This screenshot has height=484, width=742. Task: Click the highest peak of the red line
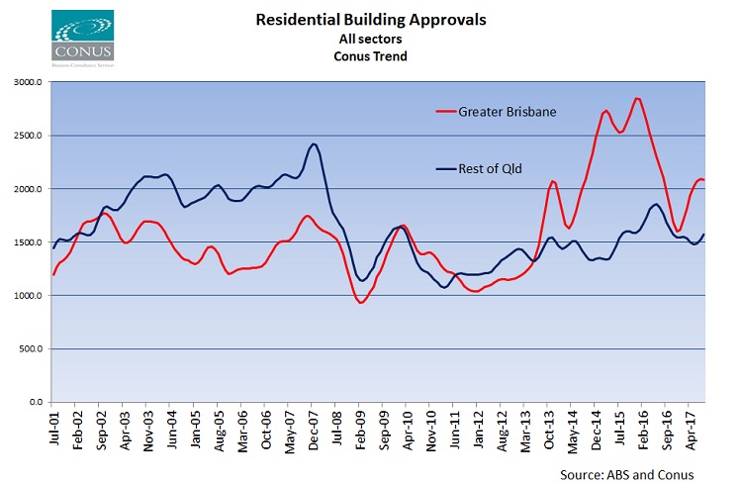tap(638, 98)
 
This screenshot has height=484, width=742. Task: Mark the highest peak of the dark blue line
tap(314, 145)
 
